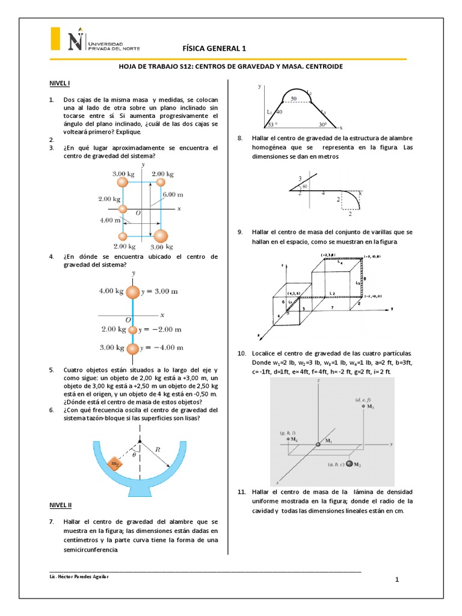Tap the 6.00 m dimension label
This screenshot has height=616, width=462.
tap(173, 195)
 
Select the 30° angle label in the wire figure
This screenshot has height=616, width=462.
tap(323, 125)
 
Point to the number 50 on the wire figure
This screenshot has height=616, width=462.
tap(294, 98)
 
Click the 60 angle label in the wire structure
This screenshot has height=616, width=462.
tap(305, 186)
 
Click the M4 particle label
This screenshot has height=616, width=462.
tap(296, 440)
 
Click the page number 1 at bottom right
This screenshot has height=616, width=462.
tap(397, 579)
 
